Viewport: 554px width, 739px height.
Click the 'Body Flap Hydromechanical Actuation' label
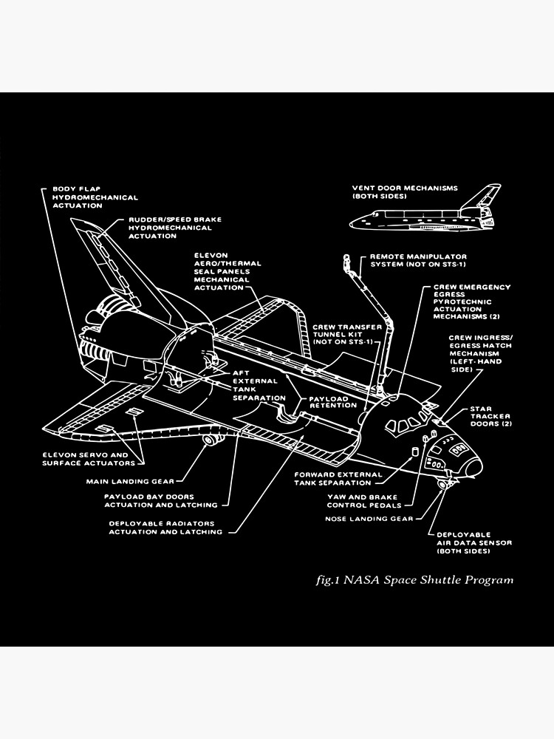pyautogui.click(x=95, y=197)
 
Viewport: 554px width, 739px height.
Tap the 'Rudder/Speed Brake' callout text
pyautogui.click(x=175, y=228)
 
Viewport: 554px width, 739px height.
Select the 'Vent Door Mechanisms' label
pyautogui.click(x=405, y=192)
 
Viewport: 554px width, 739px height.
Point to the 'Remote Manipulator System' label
pyautogui.click(x=418, y=260)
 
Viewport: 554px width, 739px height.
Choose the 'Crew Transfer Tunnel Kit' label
pyautogui.click(x=347, y=334)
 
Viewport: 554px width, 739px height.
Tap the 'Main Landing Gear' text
pyautogui.click(x=141, y=481)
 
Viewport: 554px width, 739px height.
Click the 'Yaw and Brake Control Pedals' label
pyautogui.click(x=365, y=501)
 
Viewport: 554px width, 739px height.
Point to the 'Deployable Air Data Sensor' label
pyautogui.click(x=473, y=542)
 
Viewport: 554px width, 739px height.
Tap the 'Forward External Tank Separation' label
pyautogui.click(x=338, y=478)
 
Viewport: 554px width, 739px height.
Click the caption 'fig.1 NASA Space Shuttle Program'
pyautogui.click(x=414, y=579)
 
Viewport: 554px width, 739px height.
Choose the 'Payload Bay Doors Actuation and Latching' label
pyautogui.click(x=161, y=500)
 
